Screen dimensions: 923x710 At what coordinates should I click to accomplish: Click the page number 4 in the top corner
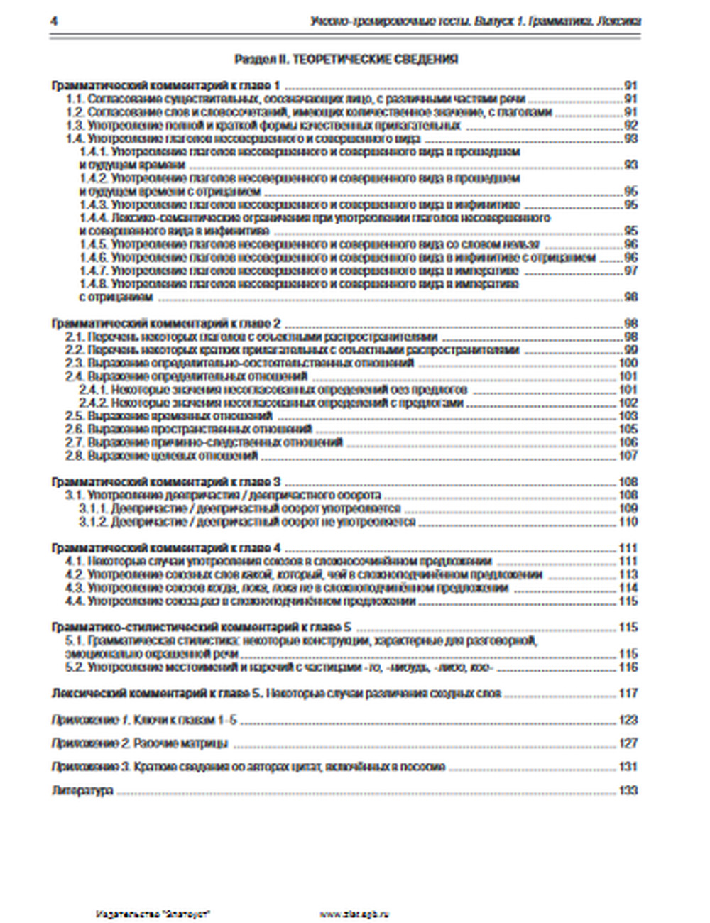point(54,21)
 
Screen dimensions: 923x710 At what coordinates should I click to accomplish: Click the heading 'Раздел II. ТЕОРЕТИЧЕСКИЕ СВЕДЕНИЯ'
point(345,59)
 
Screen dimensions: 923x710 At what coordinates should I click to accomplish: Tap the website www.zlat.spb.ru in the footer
point(354,914)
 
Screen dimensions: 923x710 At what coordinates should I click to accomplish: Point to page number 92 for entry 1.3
point(630,126)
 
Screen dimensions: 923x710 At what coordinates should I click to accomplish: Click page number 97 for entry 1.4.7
point(630,271)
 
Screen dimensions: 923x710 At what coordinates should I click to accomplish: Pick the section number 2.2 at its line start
point(75,350)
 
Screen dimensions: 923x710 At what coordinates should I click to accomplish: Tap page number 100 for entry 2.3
point(628,363)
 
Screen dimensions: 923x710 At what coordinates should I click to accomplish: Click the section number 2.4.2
point(92,403)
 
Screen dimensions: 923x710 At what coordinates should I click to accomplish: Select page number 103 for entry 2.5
point(628,416)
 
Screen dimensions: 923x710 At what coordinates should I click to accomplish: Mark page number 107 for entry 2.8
point(628,455)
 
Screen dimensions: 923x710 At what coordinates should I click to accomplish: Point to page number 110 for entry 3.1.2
point(628,522)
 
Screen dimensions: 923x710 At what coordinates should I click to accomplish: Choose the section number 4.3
point(75,588)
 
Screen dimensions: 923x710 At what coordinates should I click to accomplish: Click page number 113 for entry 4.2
point(628,575)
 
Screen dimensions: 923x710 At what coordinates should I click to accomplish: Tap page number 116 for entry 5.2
point(628,667)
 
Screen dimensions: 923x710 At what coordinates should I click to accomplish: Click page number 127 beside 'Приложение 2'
point(628,743)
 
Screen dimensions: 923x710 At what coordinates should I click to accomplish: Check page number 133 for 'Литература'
point(628,790)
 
